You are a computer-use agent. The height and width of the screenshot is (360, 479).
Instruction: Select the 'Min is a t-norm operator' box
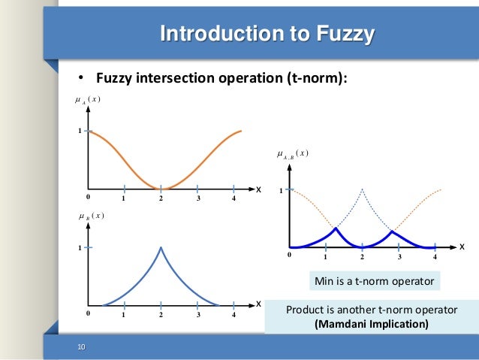pyautogui.click(x=373, y=282)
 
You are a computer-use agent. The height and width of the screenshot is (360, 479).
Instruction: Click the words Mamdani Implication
pyautogui.click(x=372, y=325)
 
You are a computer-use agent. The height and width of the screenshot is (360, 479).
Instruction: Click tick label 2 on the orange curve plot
pyautogui.click(x=161, y=198)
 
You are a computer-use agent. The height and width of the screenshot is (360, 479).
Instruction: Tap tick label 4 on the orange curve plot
pyautogui.click(x=234, y=198)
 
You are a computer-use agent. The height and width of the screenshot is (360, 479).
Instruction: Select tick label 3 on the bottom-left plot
pyautogui.click(x=197, y=315)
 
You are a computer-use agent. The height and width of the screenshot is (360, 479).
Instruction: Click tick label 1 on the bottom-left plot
pyautogui.click(x=124, y=315)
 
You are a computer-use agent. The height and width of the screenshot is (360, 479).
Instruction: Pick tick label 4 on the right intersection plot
pyautogui.click(x=435, y=257)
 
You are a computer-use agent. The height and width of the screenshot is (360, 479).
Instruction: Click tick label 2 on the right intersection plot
pyautogui.click(x=362, y=257)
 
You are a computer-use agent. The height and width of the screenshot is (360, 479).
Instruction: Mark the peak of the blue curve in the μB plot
pyautogui.click(x=161, y=247)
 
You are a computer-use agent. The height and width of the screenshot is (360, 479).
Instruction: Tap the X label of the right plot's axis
pyautogui.click(x=462, y=247)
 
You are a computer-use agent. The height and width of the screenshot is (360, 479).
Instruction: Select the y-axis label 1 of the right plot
pyautogui.click(x=282, y=191)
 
